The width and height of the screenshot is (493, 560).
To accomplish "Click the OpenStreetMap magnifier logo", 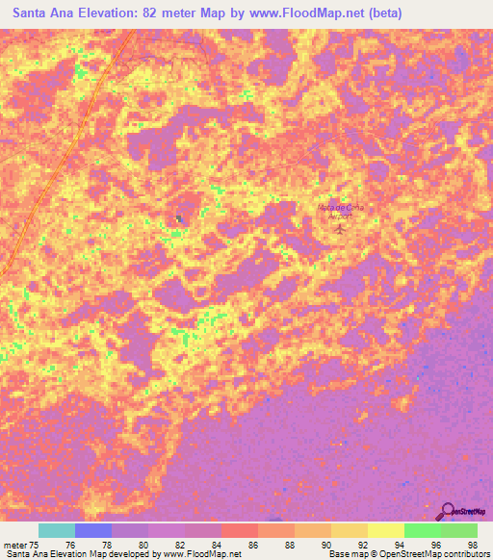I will [x=449, y=511].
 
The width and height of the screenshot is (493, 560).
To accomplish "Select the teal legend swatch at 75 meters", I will [x=57, y=530].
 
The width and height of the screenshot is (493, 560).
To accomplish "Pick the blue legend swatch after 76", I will [x=93, y=530].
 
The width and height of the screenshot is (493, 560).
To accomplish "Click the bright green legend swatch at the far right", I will [x=459, y=530].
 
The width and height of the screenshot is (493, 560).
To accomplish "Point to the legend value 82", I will [x=184, y=544].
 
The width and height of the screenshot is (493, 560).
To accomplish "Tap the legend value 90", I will [x=329, y=544].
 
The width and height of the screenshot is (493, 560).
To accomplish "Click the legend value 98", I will [x=474, y=544].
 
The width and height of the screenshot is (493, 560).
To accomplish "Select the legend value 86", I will [x=256, y=544].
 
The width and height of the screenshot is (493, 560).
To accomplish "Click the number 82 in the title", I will [x=152, y=13].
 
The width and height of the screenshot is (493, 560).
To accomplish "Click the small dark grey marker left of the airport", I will [x=179, y=218].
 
